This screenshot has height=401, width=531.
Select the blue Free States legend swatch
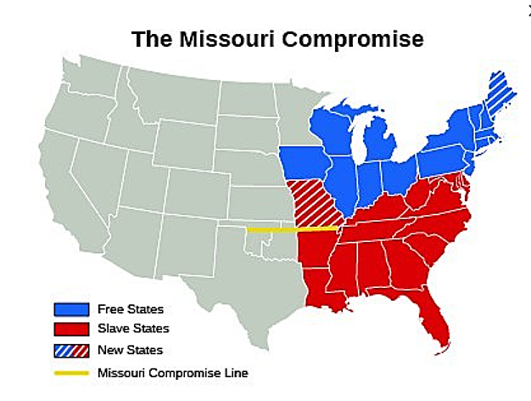coord(71,308)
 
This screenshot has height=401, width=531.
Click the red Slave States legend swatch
coord(71,329)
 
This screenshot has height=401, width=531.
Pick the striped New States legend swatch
coord(71,349)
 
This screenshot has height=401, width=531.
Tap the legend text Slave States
coord(133,329)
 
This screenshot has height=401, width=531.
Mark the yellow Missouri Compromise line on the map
coord(288,229)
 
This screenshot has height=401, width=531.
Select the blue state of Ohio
coord(395,173)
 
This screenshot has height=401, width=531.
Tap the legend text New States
coord(130,349)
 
